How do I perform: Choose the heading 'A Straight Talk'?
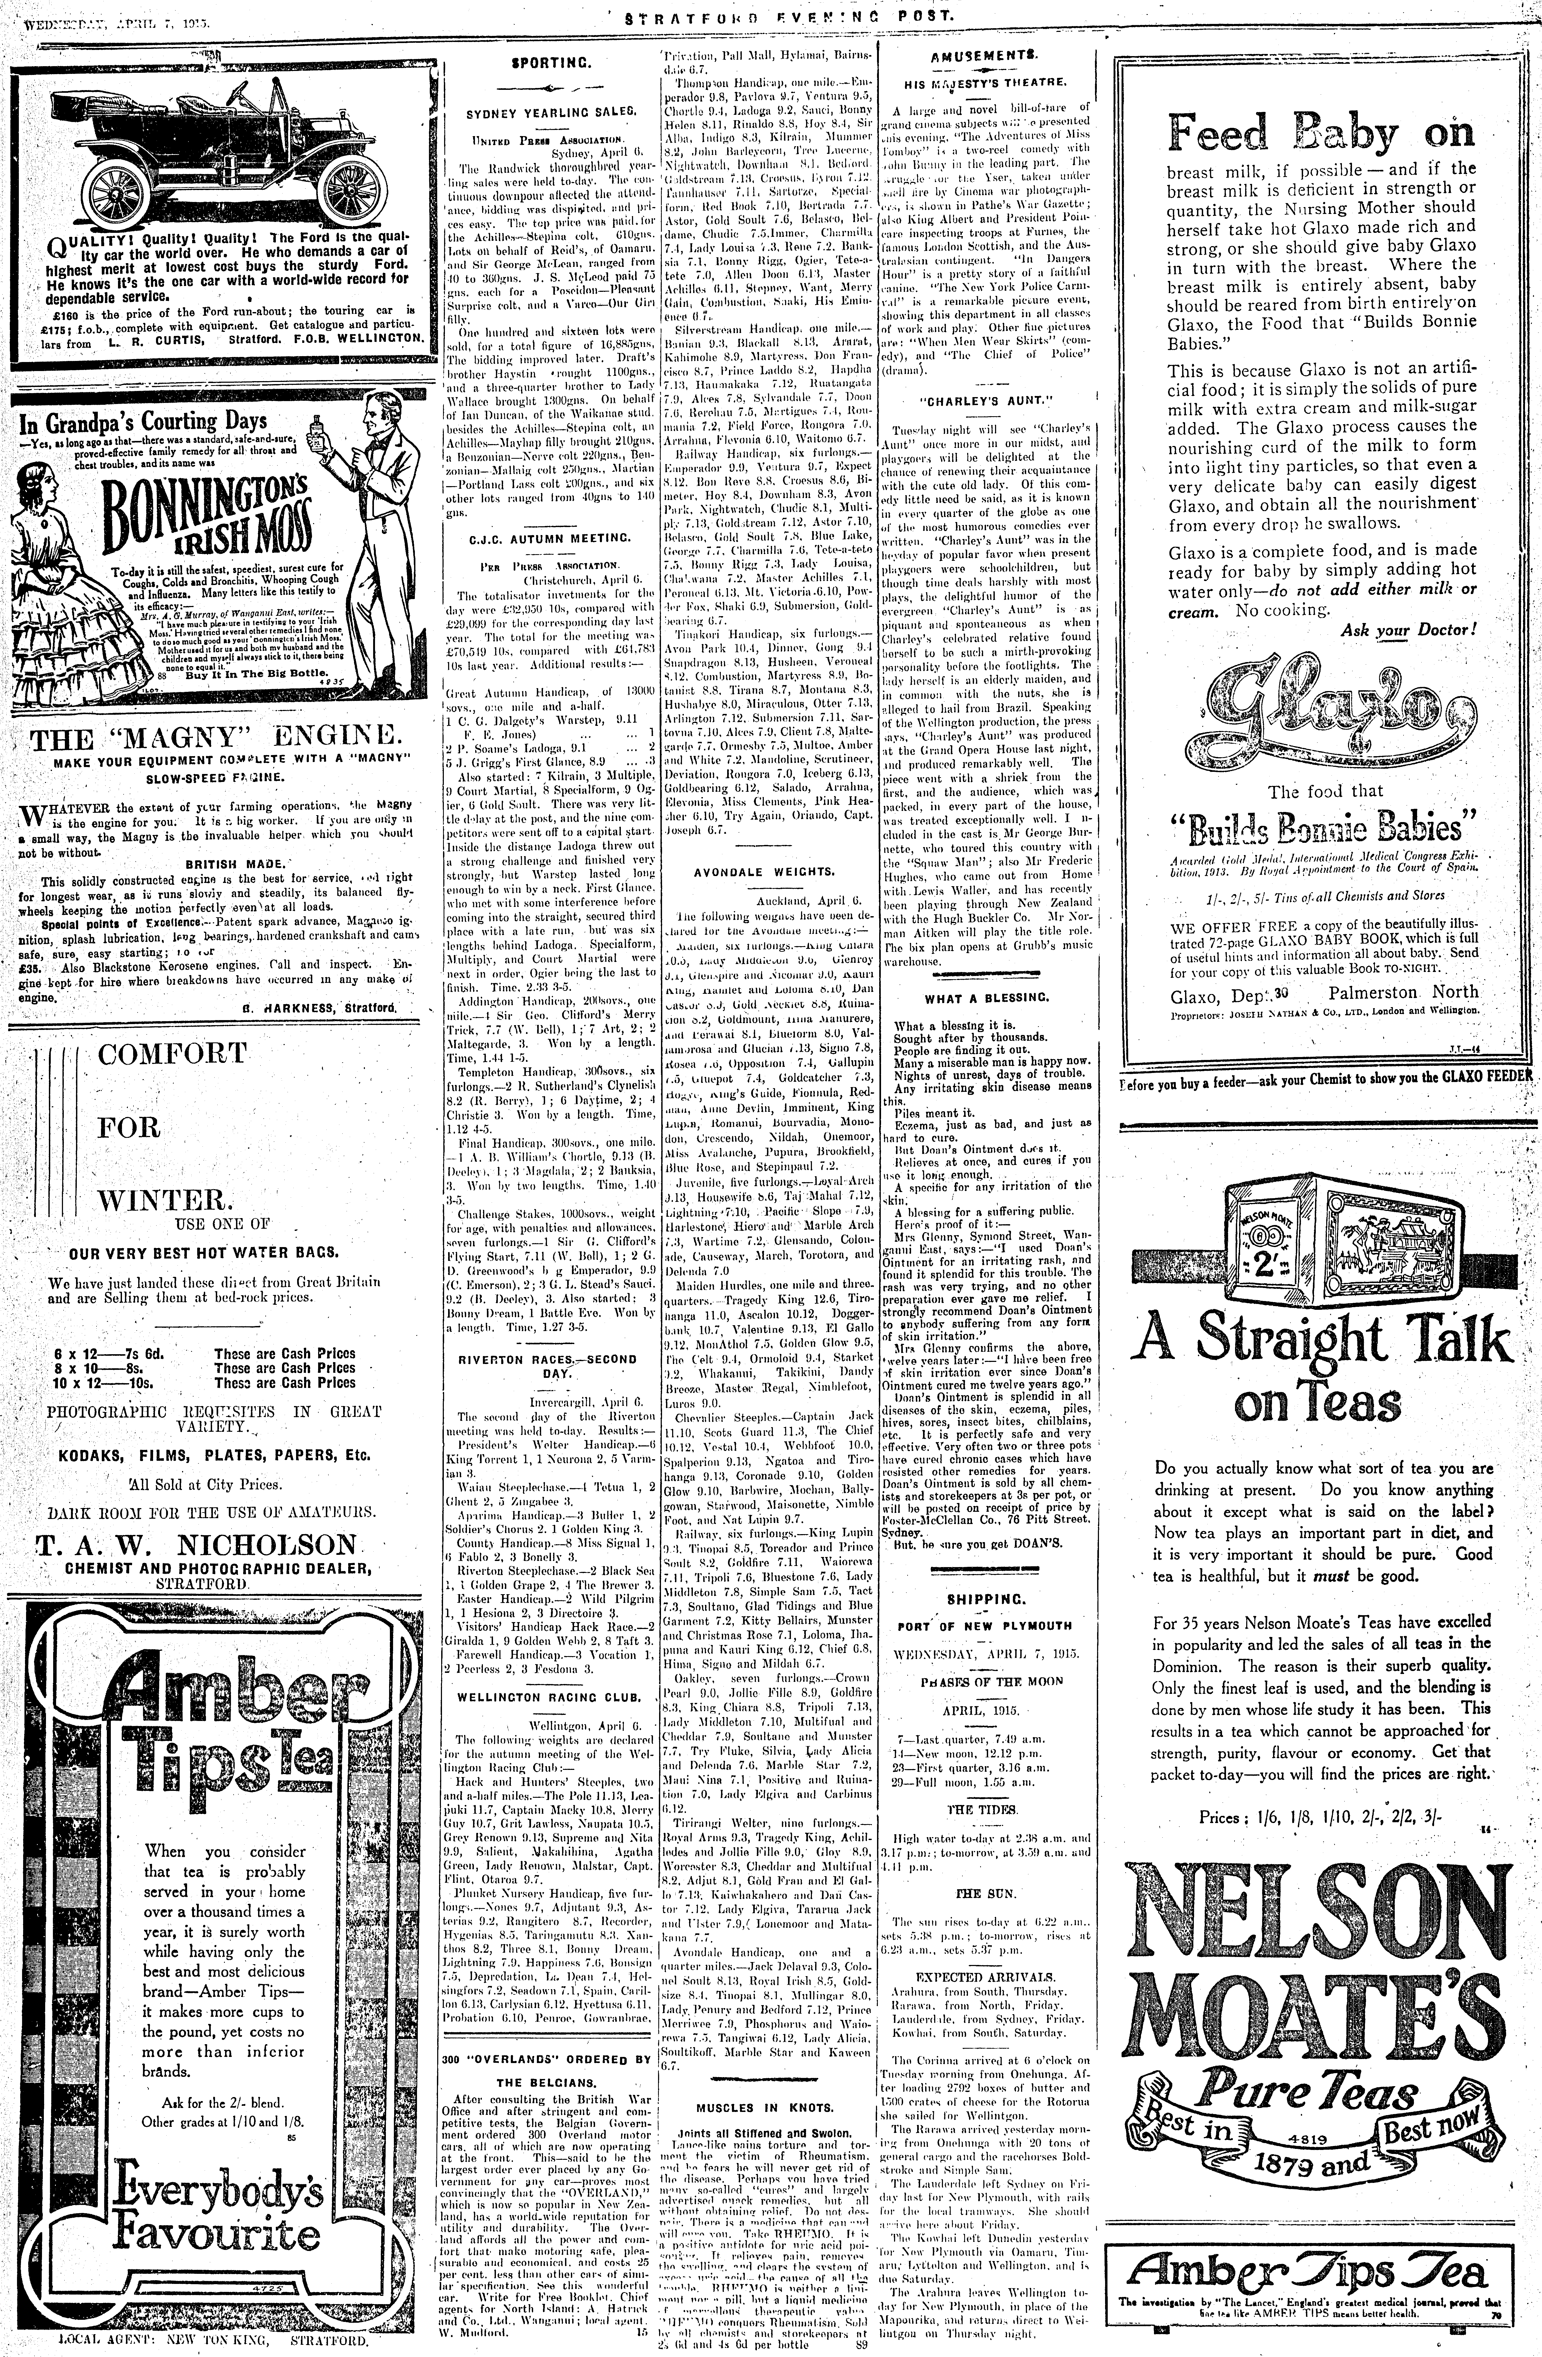pyautogui.click(x=1323, y=1341)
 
